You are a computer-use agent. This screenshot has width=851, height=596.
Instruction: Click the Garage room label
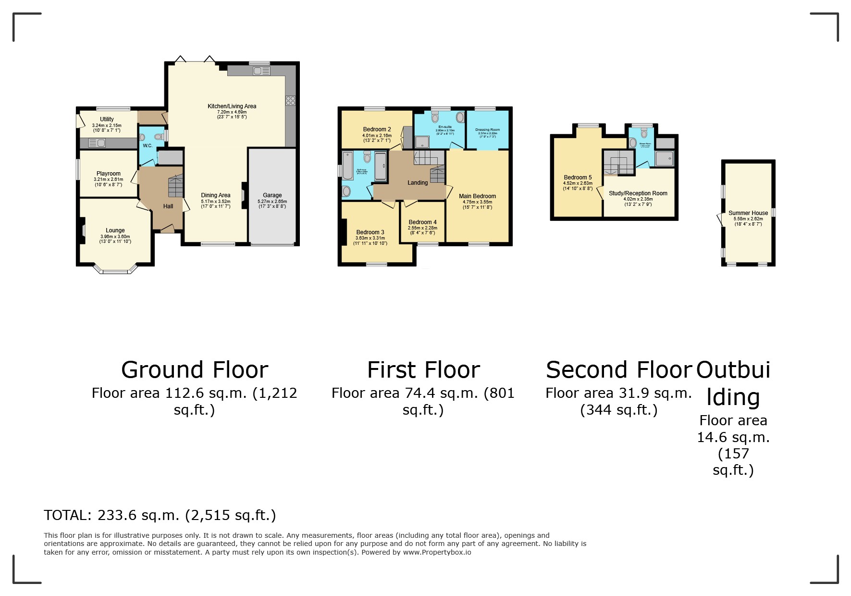coord(272,195)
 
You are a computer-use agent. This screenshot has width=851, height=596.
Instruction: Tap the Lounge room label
coord(115,230)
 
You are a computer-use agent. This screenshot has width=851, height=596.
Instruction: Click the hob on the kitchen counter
coord(290,101)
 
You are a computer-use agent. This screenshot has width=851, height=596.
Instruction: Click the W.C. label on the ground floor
coord(148,146)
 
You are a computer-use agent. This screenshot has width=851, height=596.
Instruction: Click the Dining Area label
coord(216,195)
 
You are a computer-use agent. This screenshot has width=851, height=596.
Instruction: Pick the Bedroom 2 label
coord(377,129)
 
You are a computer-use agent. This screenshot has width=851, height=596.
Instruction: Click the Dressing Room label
coord(488,130)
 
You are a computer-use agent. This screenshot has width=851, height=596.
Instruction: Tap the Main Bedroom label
coord(477,196)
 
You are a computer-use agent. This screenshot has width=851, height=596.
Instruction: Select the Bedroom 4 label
coord(422,222)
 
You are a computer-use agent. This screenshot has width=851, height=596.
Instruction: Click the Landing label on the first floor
coord(418,183)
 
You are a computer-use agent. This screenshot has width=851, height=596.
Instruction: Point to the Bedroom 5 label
coord(578,178)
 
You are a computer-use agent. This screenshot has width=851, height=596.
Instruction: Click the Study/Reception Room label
coord(638,193)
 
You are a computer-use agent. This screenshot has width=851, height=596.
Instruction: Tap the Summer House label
coord(748,213)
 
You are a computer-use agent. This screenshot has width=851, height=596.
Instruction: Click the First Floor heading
coord(423,370)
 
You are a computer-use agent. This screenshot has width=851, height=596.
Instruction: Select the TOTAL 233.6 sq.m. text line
coord(160,515)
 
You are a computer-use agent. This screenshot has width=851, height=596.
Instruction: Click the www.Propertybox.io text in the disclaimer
coord(437,552)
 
